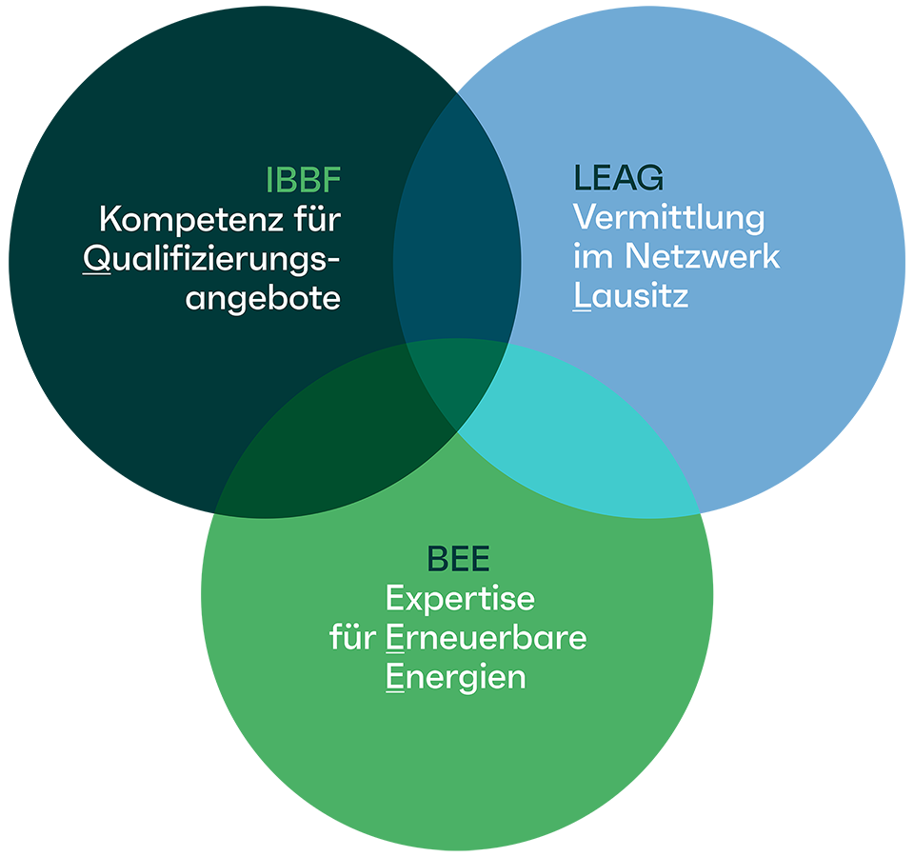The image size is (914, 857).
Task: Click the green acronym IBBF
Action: click(x=302, y=179)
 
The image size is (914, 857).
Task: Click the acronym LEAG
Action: click(x=618, y=178)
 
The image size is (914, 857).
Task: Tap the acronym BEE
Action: click(x=458, y=559)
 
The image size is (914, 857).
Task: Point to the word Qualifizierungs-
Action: click(x=211, y=260)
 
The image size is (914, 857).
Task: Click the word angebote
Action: click(x=263, y=298)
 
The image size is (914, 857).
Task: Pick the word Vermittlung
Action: click(x=668, y=218)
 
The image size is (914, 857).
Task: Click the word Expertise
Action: click(x=460, y=600)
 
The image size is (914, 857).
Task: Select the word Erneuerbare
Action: click(x=486, y=638)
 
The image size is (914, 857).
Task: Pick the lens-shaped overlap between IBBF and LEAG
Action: click(x=457, y=238)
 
